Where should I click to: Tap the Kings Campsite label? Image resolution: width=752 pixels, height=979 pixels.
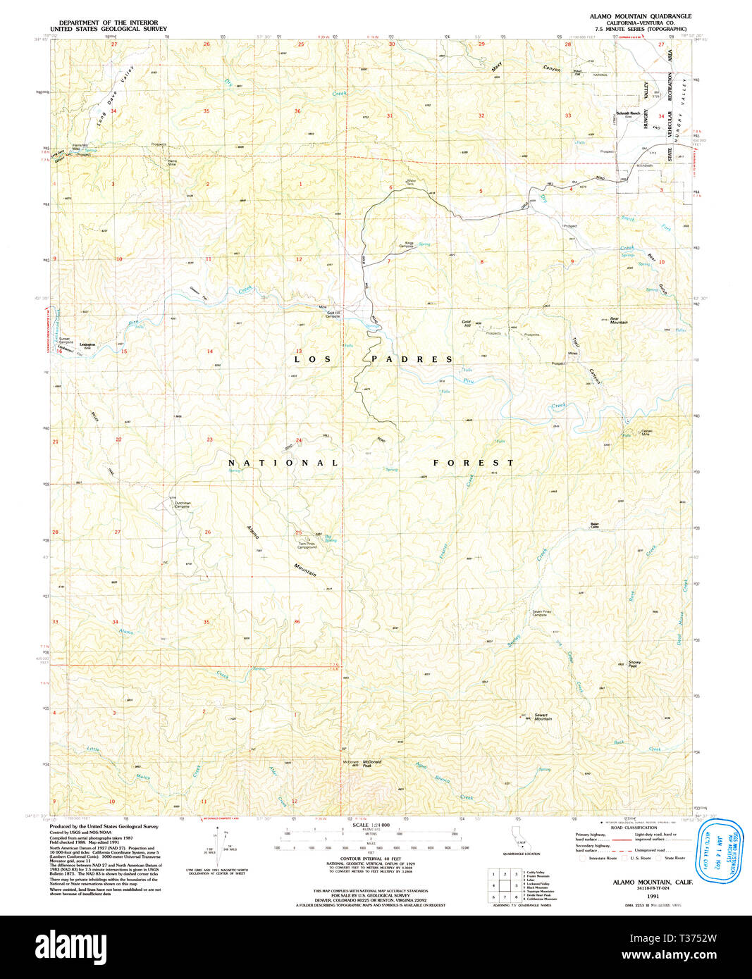click(x=408, y=244)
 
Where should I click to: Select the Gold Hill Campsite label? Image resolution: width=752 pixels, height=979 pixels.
click(x=333, y=314)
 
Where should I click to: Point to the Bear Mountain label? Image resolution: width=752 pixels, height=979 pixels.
click(x=618, y=320)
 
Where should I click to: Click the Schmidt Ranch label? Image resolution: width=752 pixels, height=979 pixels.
click(x=627, y=113)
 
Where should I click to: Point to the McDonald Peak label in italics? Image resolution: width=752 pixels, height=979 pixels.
click(x=372, y=763)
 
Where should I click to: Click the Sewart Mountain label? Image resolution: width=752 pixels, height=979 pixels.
click(x=542, y=716)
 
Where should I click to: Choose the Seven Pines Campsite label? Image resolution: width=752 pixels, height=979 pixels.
click(x=540, y=613)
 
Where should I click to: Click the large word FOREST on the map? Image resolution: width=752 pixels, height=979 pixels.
click(x=473, y=463)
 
